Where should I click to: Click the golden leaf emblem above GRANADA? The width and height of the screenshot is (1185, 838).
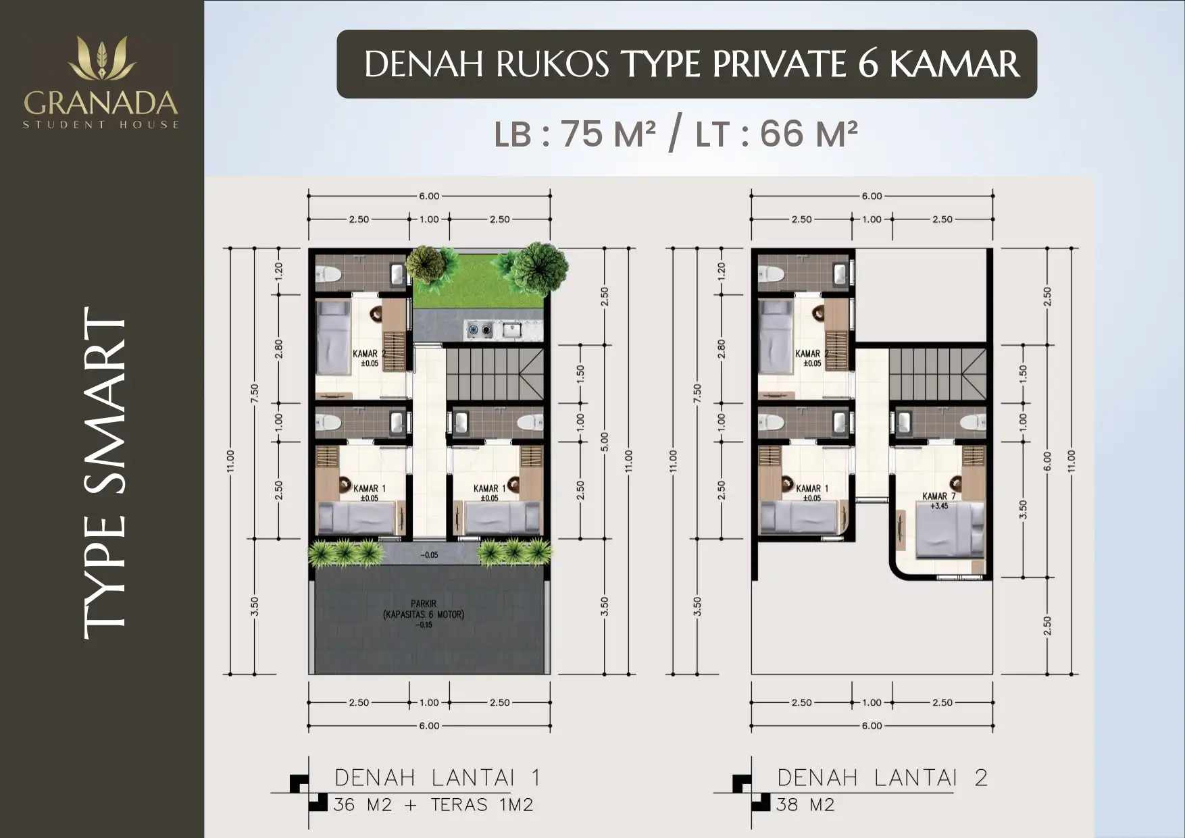coord(102,59)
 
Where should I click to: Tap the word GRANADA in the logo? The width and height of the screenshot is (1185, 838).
coord(101,103)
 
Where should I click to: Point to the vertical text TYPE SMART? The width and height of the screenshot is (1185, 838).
coord(105,473)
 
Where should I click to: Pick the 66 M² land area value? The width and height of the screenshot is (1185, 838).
coord(809,134)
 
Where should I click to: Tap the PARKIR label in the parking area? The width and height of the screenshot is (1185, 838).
coord(424,604)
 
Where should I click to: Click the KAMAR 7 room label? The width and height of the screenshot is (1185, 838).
coord(939,496)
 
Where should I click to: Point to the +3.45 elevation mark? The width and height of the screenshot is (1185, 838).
coord(939,506)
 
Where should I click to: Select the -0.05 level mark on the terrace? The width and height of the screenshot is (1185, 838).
coord(429,555)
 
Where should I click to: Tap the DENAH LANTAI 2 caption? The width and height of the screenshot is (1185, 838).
coord(882,778)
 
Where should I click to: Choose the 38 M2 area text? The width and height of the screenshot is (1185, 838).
coord(805,805)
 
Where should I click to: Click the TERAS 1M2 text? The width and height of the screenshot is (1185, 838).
coord(482,805)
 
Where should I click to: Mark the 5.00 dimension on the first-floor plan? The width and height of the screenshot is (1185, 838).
coord(605,442)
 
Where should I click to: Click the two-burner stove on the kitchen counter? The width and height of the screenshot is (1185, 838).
coord(480,330)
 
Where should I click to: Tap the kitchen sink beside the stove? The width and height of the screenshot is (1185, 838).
coord(511,330)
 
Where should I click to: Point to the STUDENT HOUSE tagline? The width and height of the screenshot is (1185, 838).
coord(101,125)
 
